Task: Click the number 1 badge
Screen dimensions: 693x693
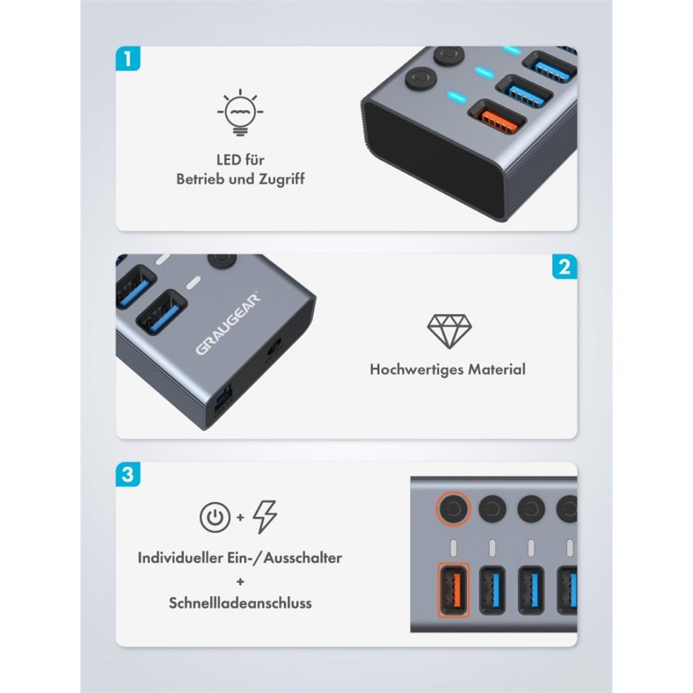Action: pos(128,58)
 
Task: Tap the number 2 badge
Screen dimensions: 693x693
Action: pos(564,267)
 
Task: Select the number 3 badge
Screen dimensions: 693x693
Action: pos(128,474)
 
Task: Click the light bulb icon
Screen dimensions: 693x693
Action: pos(240,112)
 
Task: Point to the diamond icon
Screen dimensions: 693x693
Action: pos(449,331)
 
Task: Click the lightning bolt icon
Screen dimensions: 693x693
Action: pos(265,517)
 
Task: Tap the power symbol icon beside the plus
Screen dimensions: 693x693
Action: pos(215,517)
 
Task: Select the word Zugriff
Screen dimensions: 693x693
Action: pos(281,179)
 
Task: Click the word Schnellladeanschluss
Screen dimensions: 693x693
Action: pos(240,603)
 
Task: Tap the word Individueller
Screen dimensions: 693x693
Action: pos(180,558)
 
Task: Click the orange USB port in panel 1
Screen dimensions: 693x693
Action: pos(497,121)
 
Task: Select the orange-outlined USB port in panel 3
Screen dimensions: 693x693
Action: pos(453,590)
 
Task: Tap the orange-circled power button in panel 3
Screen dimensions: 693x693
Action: pos(453,509)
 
